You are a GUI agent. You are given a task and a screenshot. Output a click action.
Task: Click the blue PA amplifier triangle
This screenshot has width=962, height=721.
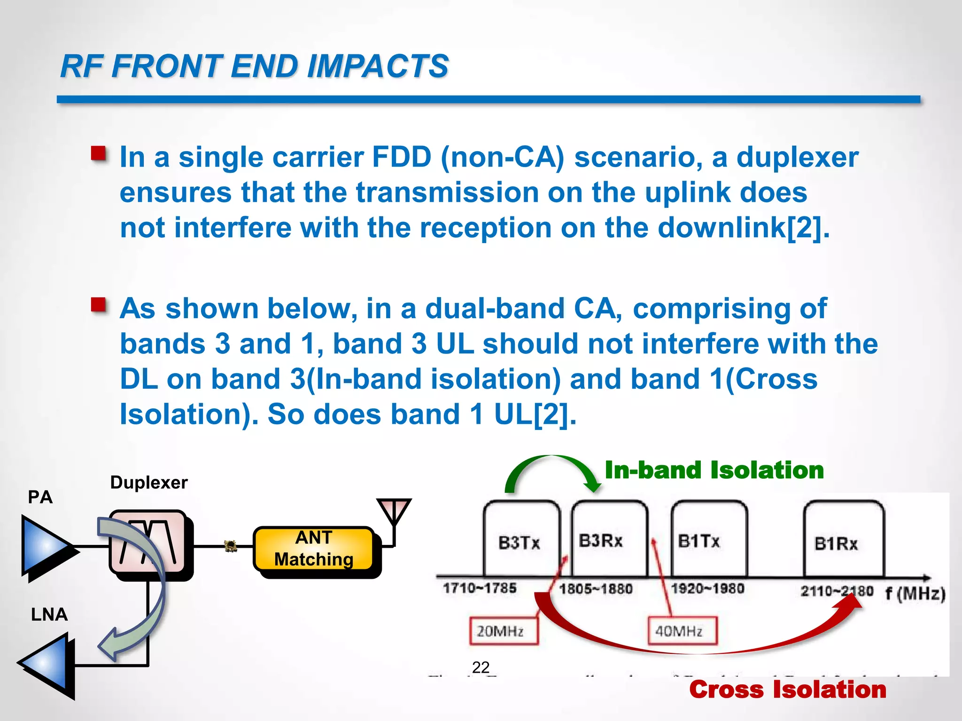[45, 546]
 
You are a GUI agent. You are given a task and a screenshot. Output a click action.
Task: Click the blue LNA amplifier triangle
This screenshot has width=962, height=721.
[47, 663]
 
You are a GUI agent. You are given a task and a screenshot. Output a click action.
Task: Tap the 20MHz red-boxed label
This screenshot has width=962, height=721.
[501, 631]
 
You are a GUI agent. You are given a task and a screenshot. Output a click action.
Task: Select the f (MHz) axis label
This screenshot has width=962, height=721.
[915, 594]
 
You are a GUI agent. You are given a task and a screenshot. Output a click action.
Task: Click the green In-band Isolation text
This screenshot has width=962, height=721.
[714, 470]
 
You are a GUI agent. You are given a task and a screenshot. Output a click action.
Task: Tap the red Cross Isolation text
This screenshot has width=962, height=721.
[788, 690]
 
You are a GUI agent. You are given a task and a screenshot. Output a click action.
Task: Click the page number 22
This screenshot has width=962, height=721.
[481, 667]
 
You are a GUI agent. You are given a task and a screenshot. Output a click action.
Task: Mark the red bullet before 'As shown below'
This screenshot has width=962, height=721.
[99, 305]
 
